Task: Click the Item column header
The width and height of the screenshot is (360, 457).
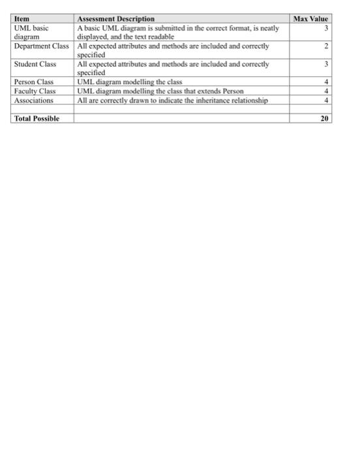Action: click(22, 20)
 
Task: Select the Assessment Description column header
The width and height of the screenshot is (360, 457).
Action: click(115, 20)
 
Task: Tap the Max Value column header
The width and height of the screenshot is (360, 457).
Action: click(312, 20)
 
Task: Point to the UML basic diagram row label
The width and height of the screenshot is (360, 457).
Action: click(31, 33)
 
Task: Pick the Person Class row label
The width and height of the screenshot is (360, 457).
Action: click(33, 82)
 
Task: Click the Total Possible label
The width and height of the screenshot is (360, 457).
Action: click(37, 118)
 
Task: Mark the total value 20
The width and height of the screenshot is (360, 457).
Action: click(325, 118)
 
